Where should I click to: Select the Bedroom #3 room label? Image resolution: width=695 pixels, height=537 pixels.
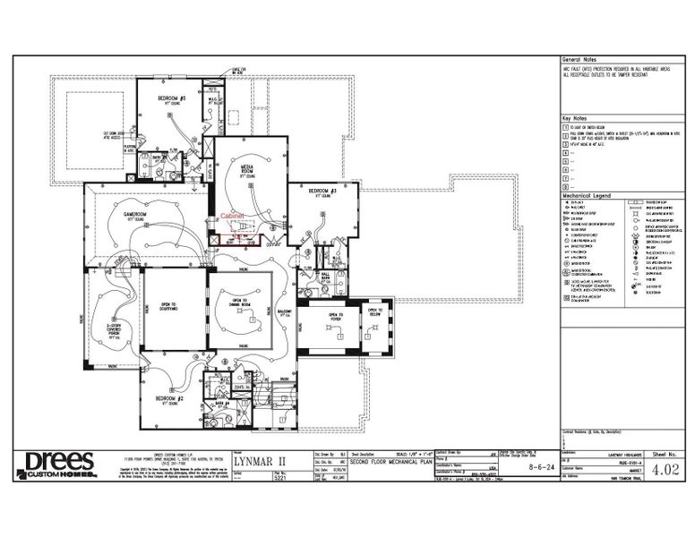coord(322,191)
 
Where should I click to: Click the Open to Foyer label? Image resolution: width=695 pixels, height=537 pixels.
coord(336,315)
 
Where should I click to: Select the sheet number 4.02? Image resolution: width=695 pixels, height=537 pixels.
coord(664,469)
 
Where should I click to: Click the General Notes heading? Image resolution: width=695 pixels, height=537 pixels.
coord(578,56)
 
